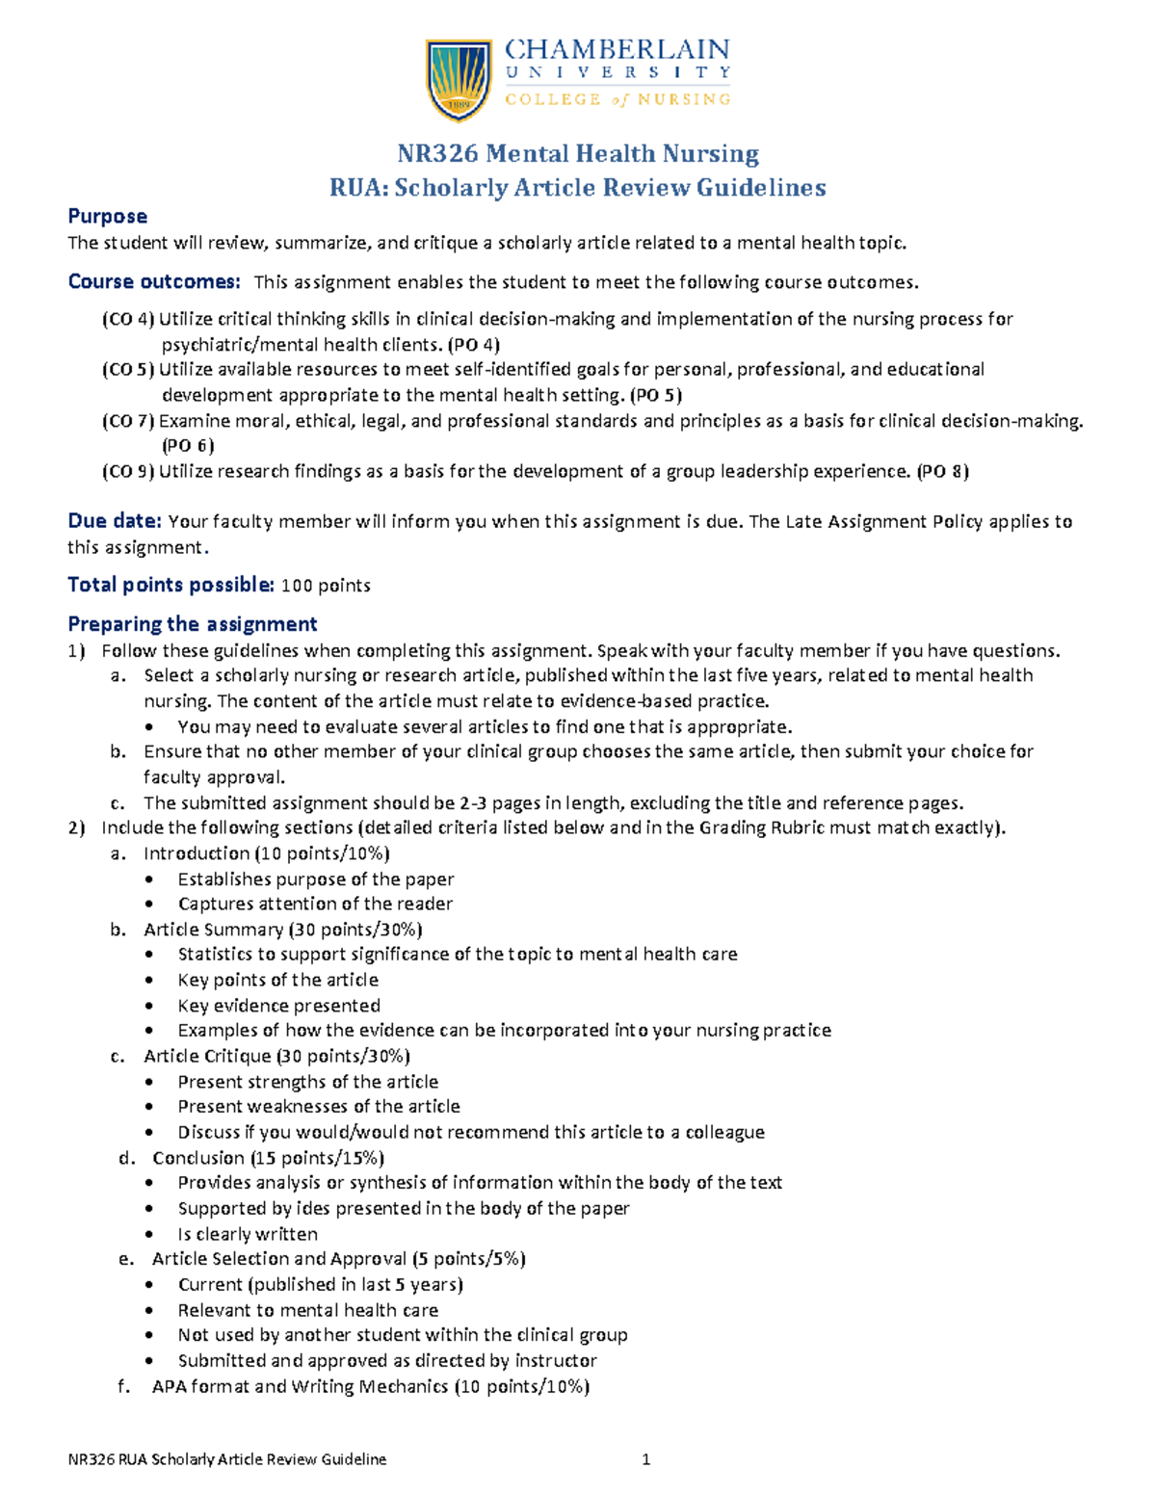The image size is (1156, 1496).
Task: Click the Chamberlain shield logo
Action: click(x=459, y=80)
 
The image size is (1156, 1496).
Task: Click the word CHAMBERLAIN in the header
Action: click(x=617, y=49)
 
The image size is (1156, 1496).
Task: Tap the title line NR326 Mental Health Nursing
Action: click(x=578, y=154)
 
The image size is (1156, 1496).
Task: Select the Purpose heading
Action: click(x=107, y=217)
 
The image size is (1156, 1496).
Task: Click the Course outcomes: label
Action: click(x=153, y=282)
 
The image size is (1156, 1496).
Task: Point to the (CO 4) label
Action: click(x=128, y=319)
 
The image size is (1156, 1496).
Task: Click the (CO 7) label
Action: click(x=128, y=421)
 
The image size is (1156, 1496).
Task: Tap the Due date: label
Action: click(x=114, y=521)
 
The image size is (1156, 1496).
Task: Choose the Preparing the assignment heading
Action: click(x=192, y=624)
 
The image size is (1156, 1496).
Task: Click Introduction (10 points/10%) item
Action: click(x=266, y=853)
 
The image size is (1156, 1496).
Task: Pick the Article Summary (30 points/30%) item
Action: click(x=282, y=930)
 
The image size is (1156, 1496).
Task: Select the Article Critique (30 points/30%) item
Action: click(x=276, y=1057)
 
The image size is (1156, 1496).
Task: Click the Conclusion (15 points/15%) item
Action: click(x=268, y=1158)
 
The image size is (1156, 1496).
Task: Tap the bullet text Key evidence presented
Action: click(x=278, y=1006)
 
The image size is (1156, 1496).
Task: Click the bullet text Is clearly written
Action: click(x=248, y=1234)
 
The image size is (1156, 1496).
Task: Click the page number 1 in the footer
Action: click(x=646, y=1459)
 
